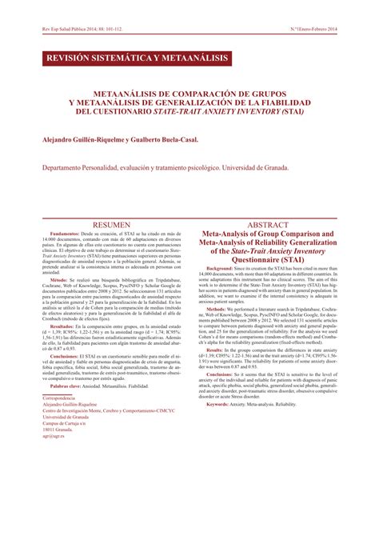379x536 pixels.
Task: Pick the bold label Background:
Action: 224,267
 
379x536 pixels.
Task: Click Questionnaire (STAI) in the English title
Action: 268,258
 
